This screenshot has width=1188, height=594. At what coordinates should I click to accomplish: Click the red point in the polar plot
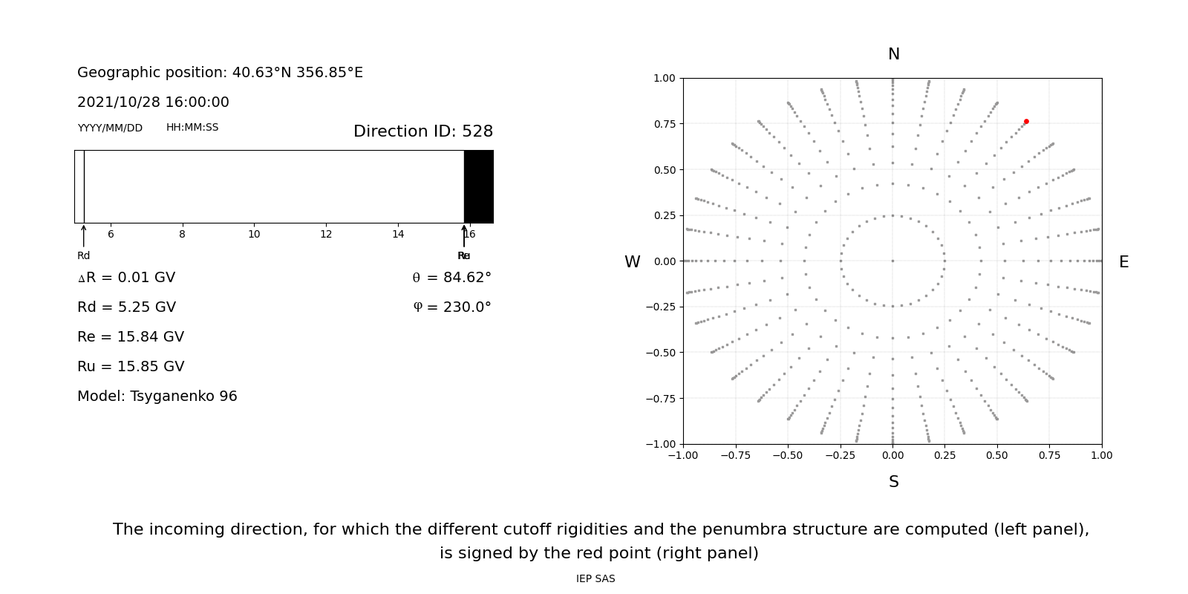point(1026,121)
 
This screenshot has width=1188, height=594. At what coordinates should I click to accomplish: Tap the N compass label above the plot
point(893,54)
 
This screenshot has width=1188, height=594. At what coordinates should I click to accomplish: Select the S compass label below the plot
point(893,482)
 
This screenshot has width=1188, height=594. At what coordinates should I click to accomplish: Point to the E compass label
point(1123,262)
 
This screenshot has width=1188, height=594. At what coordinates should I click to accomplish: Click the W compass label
point(632,262)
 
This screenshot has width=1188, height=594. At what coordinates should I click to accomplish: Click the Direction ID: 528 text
point(422,131)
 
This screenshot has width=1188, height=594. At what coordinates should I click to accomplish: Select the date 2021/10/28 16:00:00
point(153,102)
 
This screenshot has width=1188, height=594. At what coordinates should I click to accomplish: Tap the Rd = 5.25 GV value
point(126,307)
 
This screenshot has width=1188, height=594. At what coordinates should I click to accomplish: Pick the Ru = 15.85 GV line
point(131,367)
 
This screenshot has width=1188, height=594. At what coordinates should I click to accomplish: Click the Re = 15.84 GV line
point(131,337)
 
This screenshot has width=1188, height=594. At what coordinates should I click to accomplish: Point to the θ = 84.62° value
point(451,278)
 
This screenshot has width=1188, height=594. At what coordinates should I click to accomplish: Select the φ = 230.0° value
point(451,307)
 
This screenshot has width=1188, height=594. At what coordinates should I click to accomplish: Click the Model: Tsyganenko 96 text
point(157,396)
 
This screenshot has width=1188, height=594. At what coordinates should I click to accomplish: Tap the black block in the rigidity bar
point(479,186)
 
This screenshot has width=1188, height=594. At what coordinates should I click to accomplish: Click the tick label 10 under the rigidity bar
point(254,235)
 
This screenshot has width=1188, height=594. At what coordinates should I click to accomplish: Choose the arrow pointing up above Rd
point(83,235)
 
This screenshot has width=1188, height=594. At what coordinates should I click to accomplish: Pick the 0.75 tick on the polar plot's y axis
point(664,124)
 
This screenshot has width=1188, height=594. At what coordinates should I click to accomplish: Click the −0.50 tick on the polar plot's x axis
point(788,455)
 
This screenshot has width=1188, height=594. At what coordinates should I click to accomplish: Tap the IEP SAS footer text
point(595,579)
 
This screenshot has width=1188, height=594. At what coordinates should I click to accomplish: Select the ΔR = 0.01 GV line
point(126,278)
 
